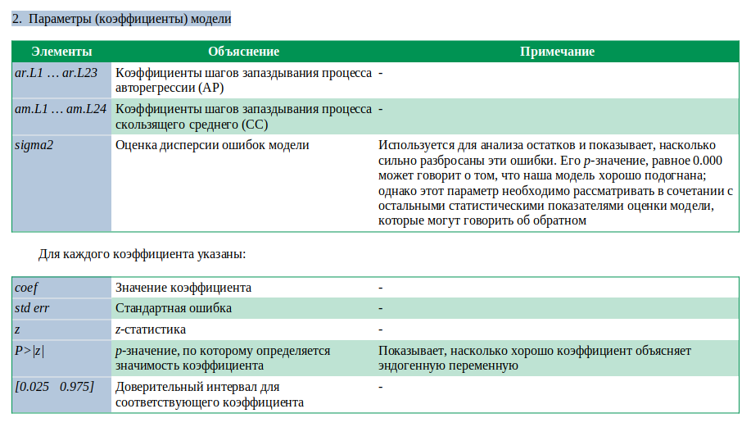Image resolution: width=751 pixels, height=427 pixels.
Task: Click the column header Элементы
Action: tap(61, 52)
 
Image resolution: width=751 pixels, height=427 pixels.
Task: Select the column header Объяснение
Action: tap(243, 52)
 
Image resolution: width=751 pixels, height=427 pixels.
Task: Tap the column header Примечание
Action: tap(557, 52)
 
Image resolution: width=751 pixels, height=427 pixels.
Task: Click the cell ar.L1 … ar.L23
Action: tap(57, 73)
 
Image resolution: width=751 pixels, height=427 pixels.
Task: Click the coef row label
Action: tap(27, 288)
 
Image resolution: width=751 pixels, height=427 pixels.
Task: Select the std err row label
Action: tap(34, 308)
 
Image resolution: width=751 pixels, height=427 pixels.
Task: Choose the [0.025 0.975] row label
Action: tap(54, 386)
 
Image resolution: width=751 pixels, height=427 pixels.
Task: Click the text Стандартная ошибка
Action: tap(174, 308)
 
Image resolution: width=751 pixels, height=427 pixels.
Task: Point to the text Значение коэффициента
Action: tap(183, 288)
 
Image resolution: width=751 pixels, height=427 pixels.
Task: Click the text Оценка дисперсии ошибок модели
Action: tap(212, 145)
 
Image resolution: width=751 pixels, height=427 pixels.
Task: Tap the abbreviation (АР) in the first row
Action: tap(210, 88)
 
